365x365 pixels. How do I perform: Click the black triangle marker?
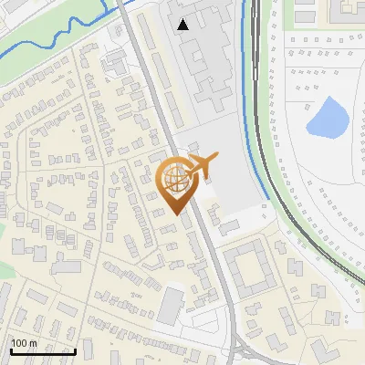tap(184, 25)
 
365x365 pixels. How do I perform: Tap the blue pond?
tap(328, 119)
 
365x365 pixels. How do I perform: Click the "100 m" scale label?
tap(25, 343)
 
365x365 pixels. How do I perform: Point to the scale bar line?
tap(42, 351)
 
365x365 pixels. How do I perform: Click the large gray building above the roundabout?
tap(171, 306)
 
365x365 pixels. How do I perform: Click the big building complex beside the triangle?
tap(214, 64)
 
